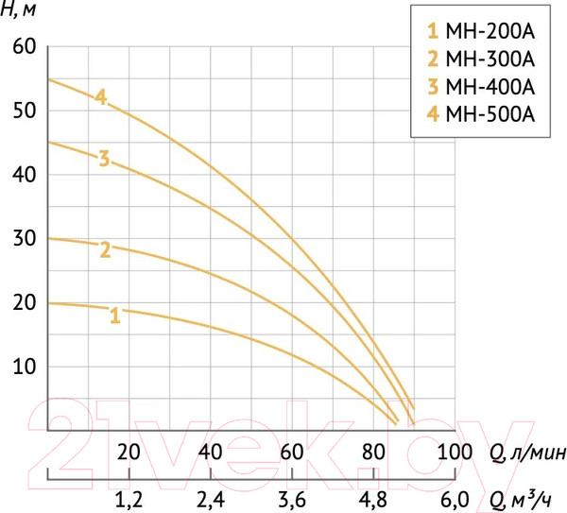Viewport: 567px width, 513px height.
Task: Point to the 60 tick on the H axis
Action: pos(23,46)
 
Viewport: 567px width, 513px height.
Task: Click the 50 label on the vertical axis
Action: pos(23,111)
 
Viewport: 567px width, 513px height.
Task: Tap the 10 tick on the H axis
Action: pos(23,367)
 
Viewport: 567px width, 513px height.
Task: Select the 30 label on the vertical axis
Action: pos(23,238)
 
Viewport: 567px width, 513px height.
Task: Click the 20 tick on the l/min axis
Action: pos(129,451)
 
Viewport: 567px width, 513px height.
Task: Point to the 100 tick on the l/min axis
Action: pos(455,451)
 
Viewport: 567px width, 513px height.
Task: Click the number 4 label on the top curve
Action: pos(101,96)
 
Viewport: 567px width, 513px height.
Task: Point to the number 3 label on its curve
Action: pos(104,158)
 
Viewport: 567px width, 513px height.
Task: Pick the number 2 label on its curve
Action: pos(105,249)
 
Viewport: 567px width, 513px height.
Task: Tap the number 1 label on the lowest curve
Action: pos(115,316)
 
